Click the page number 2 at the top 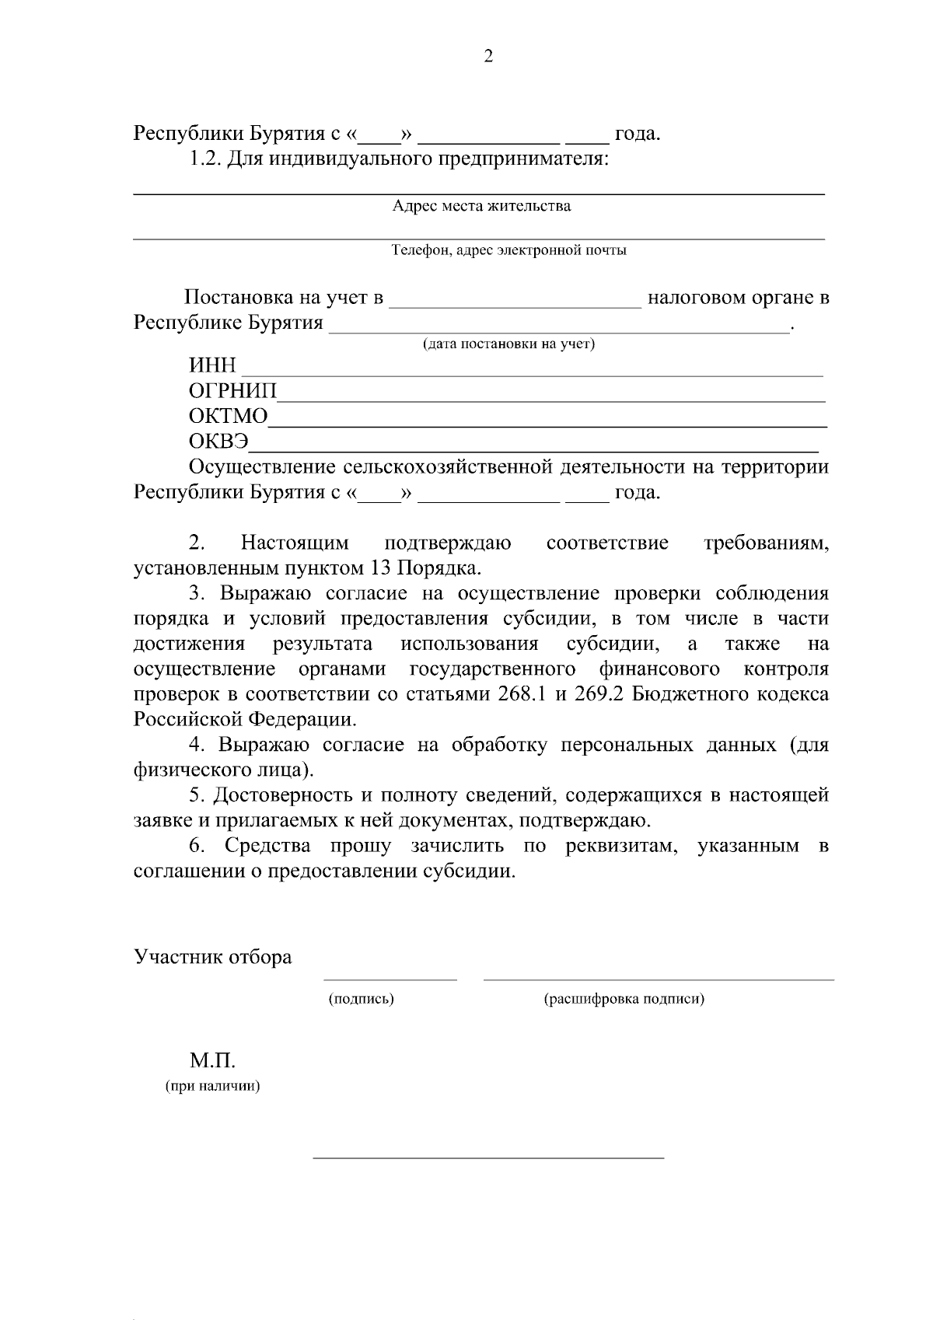tap(488, 56)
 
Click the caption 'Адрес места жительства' tap(481, 206)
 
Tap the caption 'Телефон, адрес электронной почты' tap(508, 250)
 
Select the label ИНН tap(212, 365)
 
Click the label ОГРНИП tap(232, 391)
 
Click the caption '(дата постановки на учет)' tap(508, 344)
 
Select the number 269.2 tap(599, 694)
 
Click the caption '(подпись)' tap(362, 999)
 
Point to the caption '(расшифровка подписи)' tap(624, 999)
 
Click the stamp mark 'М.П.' tap(211, 1060)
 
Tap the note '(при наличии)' tap(212, 1086)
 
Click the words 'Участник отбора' tap(213, 957)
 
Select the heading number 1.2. tap(205, 159)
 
